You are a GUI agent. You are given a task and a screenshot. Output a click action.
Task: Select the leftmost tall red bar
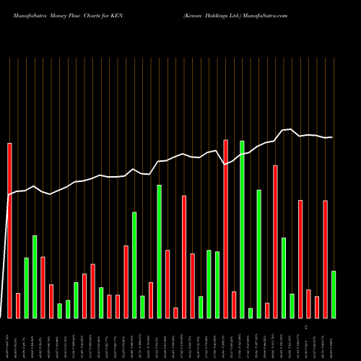point(10,230)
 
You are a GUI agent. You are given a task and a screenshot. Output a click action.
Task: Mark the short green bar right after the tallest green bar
point(251,313)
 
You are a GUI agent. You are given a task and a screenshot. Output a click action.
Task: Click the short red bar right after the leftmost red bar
point(18,305)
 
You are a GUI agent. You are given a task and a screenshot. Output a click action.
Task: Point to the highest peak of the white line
point(290,129)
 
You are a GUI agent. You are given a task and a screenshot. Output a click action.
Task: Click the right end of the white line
point(333,137)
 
